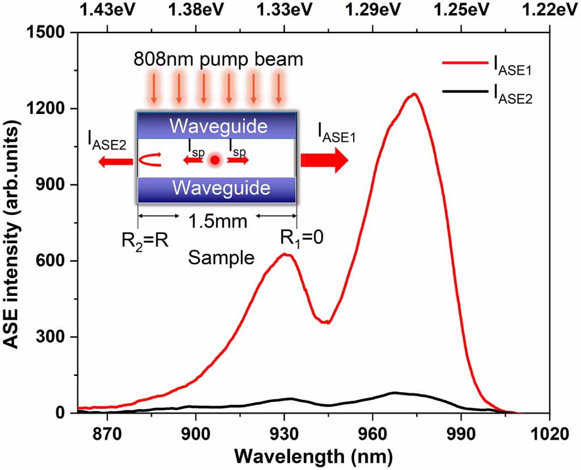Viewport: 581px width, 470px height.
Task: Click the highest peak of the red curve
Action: tap(414, 94)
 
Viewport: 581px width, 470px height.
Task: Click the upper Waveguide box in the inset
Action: tap(217, 125)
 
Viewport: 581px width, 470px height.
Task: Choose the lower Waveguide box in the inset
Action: tap(217, 188)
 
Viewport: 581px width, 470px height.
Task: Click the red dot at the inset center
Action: tap(214, 160)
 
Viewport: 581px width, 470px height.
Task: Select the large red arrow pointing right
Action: tap(324, 160)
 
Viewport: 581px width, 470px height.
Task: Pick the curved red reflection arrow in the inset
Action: tap(150, 160)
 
